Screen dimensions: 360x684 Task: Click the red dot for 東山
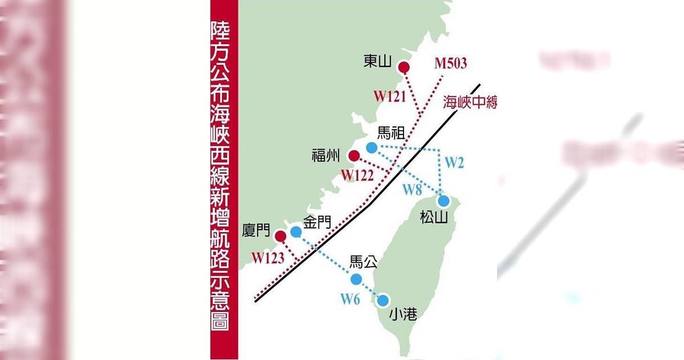404,68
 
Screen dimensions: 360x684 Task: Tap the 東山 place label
378,61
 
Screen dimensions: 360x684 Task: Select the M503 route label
450,63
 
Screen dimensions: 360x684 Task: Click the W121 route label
390,96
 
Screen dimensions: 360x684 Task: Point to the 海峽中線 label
470,103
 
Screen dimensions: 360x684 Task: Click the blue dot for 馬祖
372,148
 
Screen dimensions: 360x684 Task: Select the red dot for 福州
353,156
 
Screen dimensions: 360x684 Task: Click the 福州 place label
325,155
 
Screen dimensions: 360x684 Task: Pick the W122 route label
358,175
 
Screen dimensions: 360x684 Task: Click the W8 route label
412,189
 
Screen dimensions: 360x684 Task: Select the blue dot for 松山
443,201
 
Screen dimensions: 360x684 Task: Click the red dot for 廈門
280,236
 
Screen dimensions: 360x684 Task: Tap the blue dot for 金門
296,231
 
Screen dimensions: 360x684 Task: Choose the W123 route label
268,257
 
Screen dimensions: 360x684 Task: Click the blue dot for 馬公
356,279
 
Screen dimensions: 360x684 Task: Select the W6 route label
350,298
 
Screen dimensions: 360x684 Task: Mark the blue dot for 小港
383,300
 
